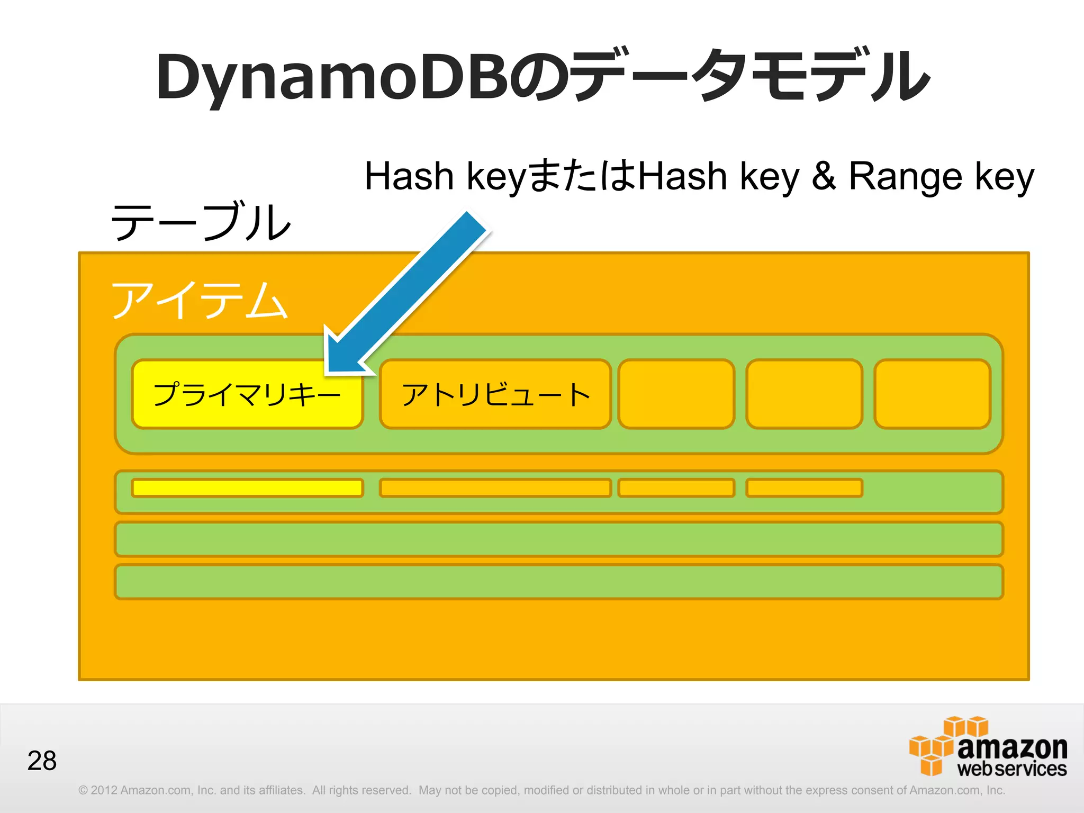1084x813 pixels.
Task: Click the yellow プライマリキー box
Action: (247, 394)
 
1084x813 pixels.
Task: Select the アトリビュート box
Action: (495, 394)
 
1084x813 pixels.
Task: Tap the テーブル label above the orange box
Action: (201, 222)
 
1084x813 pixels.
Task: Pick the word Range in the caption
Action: (905, 176)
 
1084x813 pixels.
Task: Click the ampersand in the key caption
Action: (824, 176)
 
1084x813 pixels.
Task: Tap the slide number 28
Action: (42, 761)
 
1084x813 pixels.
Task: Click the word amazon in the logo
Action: (1012, 747)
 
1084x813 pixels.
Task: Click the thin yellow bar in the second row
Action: (247, 487)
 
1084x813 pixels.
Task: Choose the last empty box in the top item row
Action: (932, 394)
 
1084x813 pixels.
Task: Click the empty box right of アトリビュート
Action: (676, 394)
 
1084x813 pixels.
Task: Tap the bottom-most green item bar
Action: (558, 582)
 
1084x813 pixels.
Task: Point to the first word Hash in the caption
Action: (409, 176)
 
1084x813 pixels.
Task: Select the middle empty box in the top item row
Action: (804, 394)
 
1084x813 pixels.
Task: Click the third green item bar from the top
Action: (558, 539)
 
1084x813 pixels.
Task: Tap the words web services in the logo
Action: (1012, 769)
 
